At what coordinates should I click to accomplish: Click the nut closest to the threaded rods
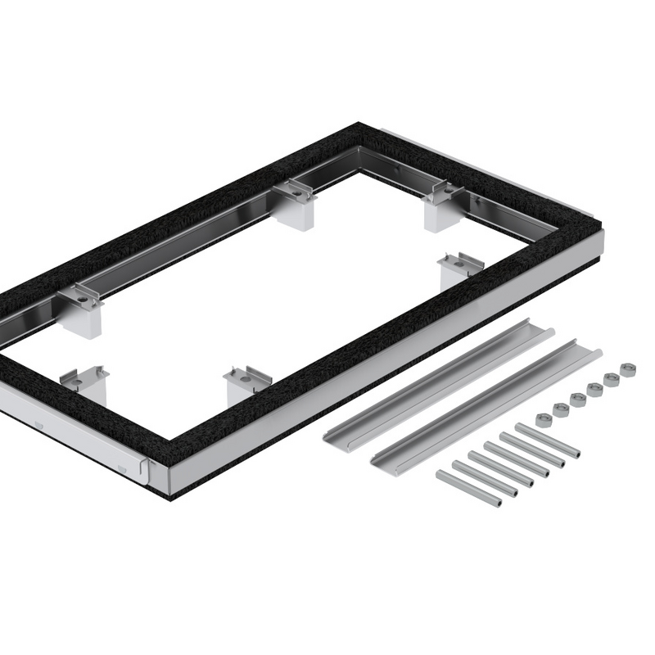point(542,419)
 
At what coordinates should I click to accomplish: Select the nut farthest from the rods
point(628,369)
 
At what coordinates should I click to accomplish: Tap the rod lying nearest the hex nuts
point(548,440)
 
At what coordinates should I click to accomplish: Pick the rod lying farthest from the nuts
point(468,488)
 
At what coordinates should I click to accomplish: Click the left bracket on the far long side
point(80,307)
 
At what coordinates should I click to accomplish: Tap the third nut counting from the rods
point(578,400)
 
